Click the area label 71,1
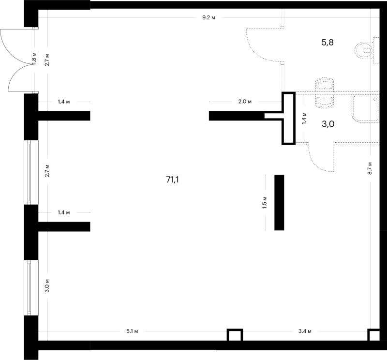[x=173, y=180]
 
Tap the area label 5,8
[x=327, y=43]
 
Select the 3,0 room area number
[x=328, y=124]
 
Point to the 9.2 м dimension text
[x=209, y=17]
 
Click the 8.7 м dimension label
[x=370, y=168]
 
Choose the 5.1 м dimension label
[x=132, y=331]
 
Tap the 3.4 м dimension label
[x=305, y=331]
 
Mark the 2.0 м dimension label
[x=245, y=102]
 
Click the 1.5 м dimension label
[x=265, y=202]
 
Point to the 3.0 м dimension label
[x=47, y=285]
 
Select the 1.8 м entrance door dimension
[x=34, y=59]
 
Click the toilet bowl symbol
[x=365, y=50]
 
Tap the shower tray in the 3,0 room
[x=366, y=109]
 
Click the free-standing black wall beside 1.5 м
[x=279, y=202]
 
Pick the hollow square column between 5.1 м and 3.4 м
[x=235, y=335]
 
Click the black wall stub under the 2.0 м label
[x=237, y=116]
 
